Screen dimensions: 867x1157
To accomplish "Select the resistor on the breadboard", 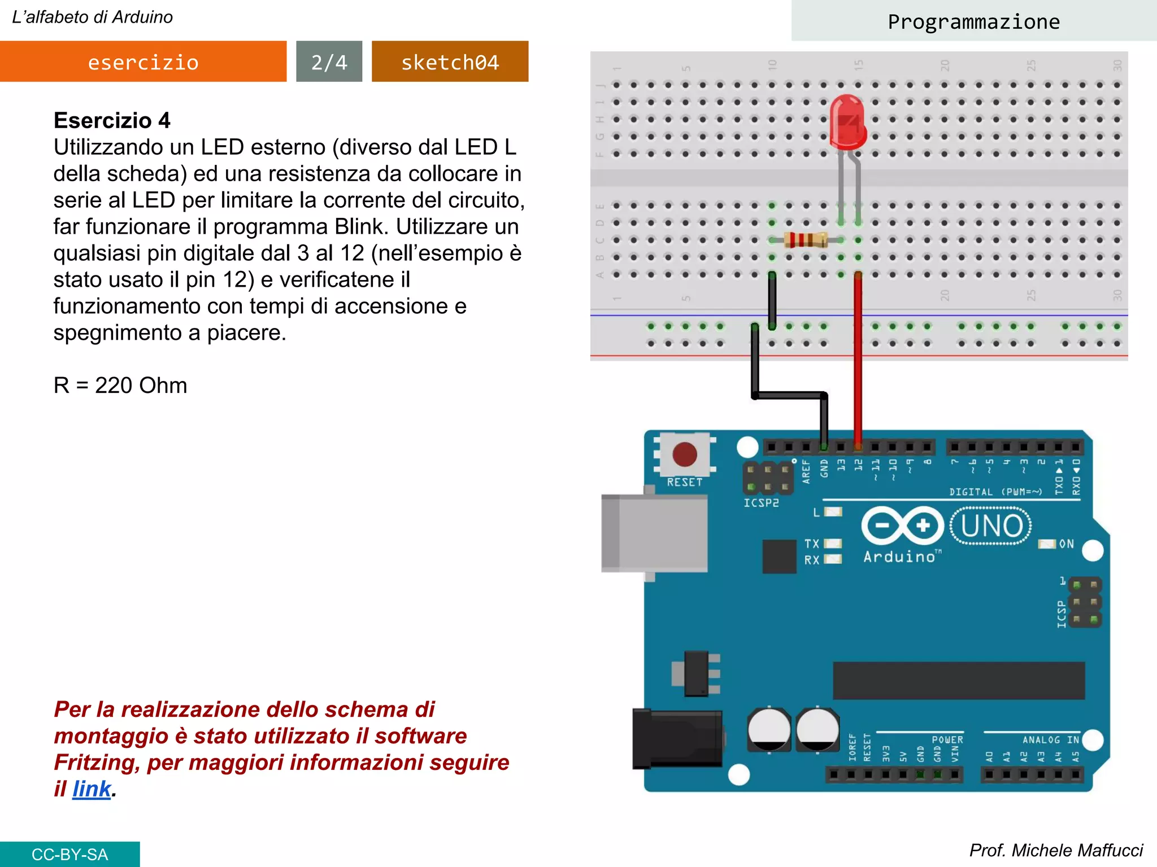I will tap(806, 240).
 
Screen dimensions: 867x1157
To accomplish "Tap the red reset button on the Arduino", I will tap(685, 454).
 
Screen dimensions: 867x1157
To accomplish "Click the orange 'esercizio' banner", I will tap(143, 62).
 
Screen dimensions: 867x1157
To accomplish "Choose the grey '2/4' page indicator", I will tap(329, 62).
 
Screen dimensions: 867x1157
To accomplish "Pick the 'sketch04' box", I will tap(450, 62).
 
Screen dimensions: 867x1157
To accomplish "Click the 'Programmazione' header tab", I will tap(973, 21).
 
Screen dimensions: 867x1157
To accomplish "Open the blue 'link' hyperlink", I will tap(92, 789).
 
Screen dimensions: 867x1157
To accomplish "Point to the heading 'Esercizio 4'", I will tap(112, 120).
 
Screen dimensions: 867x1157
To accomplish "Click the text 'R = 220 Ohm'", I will tap(120, 385).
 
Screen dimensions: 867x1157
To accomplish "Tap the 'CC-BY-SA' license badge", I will tap(69, 854).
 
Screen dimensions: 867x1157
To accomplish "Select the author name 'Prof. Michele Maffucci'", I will tap(1055, 850).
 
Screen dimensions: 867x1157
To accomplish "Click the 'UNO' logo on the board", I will tap(991, 526).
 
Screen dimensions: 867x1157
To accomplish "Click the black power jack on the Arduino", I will tap(677, 738).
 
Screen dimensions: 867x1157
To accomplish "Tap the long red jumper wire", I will tap(858, 361).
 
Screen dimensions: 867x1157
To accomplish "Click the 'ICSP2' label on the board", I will tap(761, 502).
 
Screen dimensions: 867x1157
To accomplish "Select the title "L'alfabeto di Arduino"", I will tap(93, 17).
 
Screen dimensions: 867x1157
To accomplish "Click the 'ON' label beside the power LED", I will tap(1066, 544).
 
